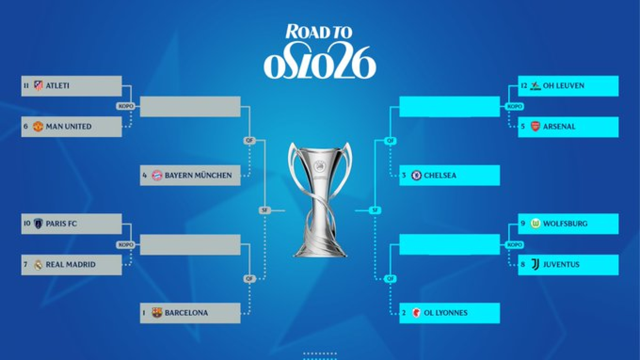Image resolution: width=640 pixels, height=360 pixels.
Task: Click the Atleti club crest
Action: click(38, 86)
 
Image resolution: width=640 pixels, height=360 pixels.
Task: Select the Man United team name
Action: click(69, 127)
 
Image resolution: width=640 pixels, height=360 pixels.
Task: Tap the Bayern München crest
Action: click(157, 175)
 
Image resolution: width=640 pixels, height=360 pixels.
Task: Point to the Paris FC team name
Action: click(61, 224)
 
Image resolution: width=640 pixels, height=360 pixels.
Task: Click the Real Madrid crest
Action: click(38, 265)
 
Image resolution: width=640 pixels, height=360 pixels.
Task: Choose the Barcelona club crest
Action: click(157, 313)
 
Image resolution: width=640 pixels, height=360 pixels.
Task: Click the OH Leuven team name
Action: click(564, 86)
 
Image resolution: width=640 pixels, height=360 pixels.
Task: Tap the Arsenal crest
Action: click(535, 126)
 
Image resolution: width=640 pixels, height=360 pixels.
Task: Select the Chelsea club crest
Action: click(416, 175)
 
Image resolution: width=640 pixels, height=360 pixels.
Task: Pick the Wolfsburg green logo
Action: click(535, 224)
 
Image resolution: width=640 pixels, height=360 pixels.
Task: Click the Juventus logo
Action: click(535, 265)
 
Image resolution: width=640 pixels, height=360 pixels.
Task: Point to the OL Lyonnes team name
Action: click(446, 313)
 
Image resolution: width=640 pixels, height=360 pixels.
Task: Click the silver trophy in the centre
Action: click(320, 200)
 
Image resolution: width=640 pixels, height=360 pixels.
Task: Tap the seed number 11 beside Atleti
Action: click(26, 86)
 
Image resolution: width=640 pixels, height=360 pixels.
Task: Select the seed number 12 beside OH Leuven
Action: click(524, 86)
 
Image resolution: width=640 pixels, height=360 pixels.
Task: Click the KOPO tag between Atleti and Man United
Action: click(126, 106)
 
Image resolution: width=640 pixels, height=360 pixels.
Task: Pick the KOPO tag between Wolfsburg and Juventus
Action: click(514, 245)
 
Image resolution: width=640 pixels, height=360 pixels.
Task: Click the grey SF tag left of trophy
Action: click(265, 210)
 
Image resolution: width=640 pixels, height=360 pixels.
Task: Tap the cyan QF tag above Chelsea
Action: click(390, 141)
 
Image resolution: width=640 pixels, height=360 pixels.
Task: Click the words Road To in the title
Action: click(319, 32)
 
